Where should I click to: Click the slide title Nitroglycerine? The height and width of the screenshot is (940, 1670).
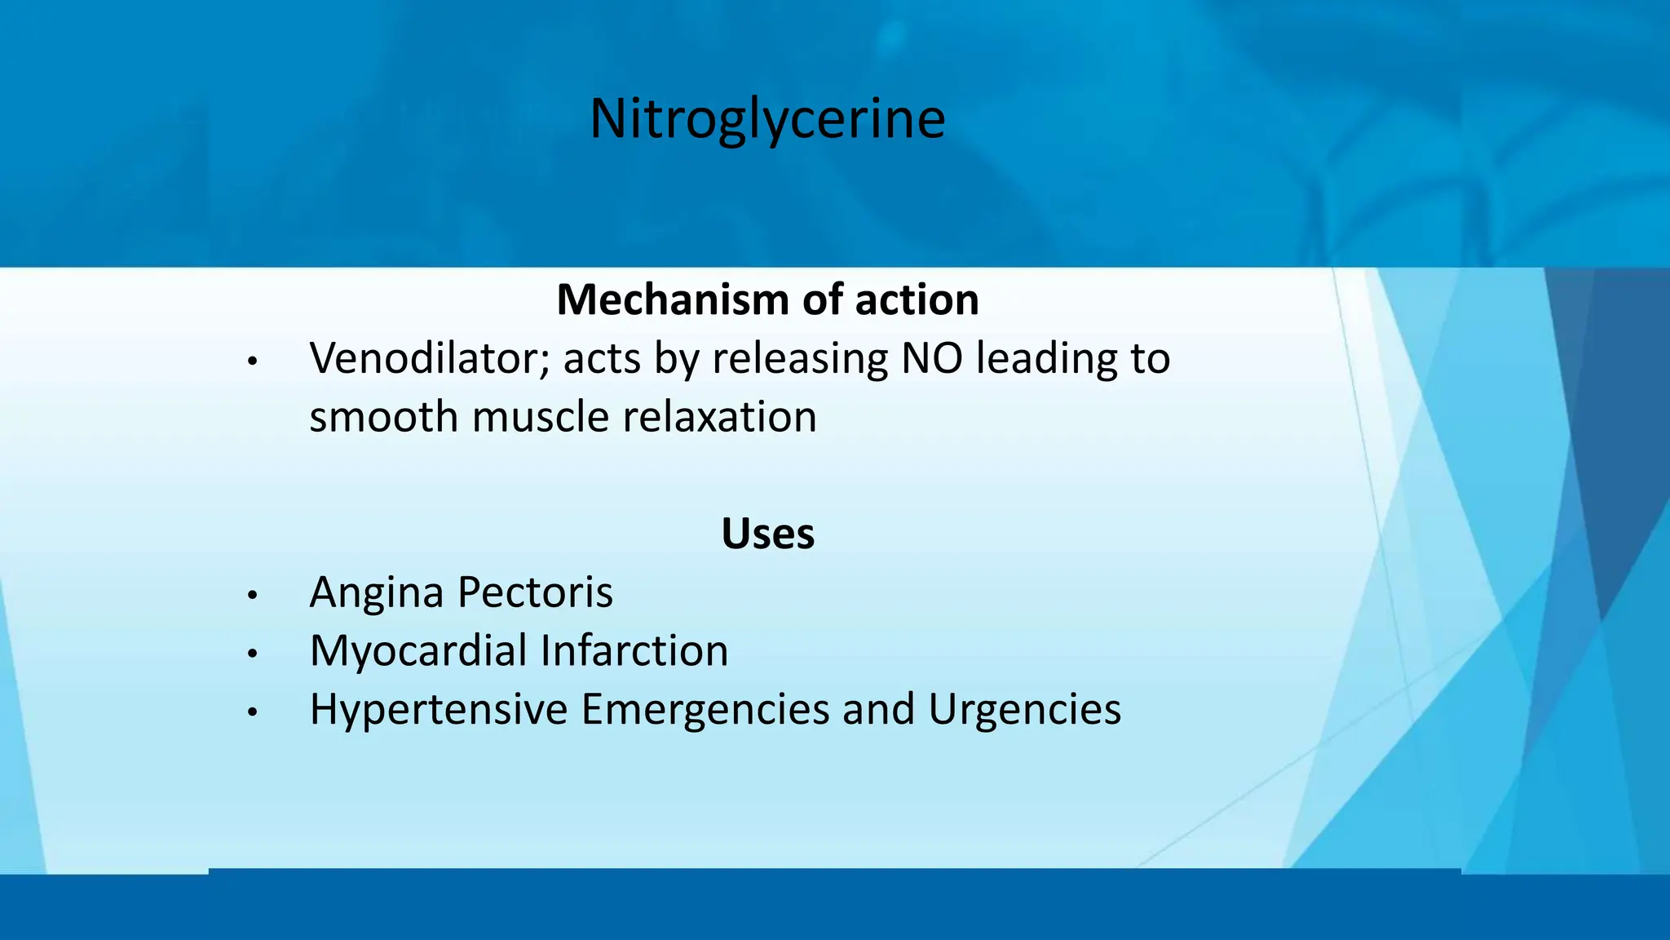[767, 119]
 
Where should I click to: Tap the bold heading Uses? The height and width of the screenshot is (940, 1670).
[767, 534]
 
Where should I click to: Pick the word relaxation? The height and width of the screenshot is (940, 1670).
[719, 417]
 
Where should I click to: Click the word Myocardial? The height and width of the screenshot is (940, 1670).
[418, 650]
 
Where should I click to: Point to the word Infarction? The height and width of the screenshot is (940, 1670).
[634, 650]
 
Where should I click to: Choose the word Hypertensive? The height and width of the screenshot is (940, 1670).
[439, 709]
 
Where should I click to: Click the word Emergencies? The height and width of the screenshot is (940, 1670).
[705, 709]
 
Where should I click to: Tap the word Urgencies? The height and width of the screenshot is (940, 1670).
[1024, 709]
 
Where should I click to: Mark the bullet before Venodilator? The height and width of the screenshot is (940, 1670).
[253, 361]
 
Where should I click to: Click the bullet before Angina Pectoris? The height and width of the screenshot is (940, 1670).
[253, 595]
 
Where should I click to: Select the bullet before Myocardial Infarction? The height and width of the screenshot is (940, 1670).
[253, 654]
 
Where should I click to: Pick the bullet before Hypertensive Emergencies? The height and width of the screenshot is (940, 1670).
[253, 712]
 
